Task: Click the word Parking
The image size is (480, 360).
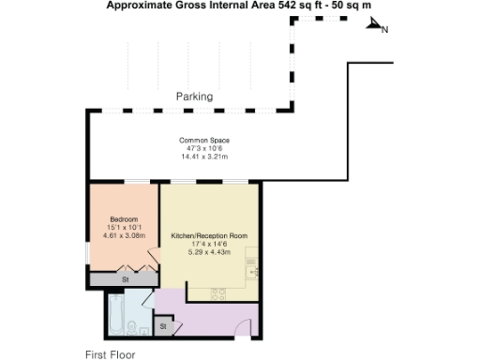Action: coord(194,97)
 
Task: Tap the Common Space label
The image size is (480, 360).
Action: coord(204,141)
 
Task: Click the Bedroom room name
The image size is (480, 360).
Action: coord(124,218)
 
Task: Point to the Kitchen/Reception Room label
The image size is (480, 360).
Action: coord(208,235)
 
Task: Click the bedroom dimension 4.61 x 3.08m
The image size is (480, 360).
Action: coord(124,235)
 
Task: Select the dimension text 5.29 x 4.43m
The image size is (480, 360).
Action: coord(208,251)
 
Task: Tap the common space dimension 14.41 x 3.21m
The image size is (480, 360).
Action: coord(204,157)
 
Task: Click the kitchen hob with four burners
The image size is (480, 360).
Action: coord(217,293)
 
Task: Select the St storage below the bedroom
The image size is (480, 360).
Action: coord(124,279)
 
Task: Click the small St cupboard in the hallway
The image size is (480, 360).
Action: coord(163,326)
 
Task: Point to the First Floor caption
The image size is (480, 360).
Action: coord(110,354)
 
